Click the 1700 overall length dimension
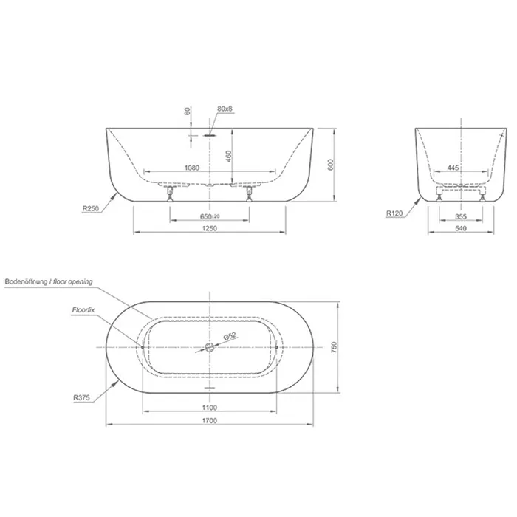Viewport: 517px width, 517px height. (x=209, y=420)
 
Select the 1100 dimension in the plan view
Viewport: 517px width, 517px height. (x=209, y=408)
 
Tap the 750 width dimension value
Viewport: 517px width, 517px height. (x=334, y=347)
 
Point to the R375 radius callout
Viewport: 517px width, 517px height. (x=81, y=397)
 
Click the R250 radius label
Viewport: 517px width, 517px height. (x=91, y=208)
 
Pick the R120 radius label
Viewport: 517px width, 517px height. (x=394, y=213)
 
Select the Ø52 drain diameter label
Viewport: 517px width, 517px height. (x=230, y=336)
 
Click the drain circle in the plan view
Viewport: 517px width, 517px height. (x=209, y=347)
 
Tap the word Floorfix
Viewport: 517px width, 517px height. (x=83, y=310)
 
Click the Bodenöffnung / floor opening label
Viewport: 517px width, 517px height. (x=49, y=281)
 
